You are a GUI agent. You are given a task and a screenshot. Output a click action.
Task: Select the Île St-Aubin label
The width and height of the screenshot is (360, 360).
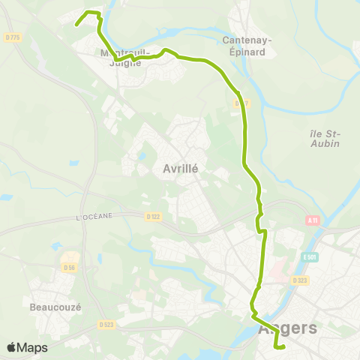coord(324,138)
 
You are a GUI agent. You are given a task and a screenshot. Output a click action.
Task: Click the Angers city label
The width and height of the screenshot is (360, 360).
coord(287,328)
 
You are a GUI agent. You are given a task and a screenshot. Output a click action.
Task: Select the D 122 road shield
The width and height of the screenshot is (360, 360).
coord(152,217)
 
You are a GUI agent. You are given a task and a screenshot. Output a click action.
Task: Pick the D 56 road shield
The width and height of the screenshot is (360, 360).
coord(70,267)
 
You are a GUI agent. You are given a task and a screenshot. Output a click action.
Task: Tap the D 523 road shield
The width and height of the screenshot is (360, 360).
coord(106,325)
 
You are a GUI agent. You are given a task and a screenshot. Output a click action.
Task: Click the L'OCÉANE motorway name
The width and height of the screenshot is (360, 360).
coord(94,216)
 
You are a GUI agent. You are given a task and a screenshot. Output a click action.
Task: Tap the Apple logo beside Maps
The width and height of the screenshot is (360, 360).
coord(12,347)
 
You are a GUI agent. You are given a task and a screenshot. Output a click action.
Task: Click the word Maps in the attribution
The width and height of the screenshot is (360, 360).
coord(33,347)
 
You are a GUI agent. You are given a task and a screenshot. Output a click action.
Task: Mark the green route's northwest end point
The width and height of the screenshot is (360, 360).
coord(76,25)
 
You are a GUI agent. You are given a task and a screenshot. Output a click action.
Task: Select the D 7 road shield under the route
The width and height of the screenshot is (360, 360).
coord(240,103)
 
